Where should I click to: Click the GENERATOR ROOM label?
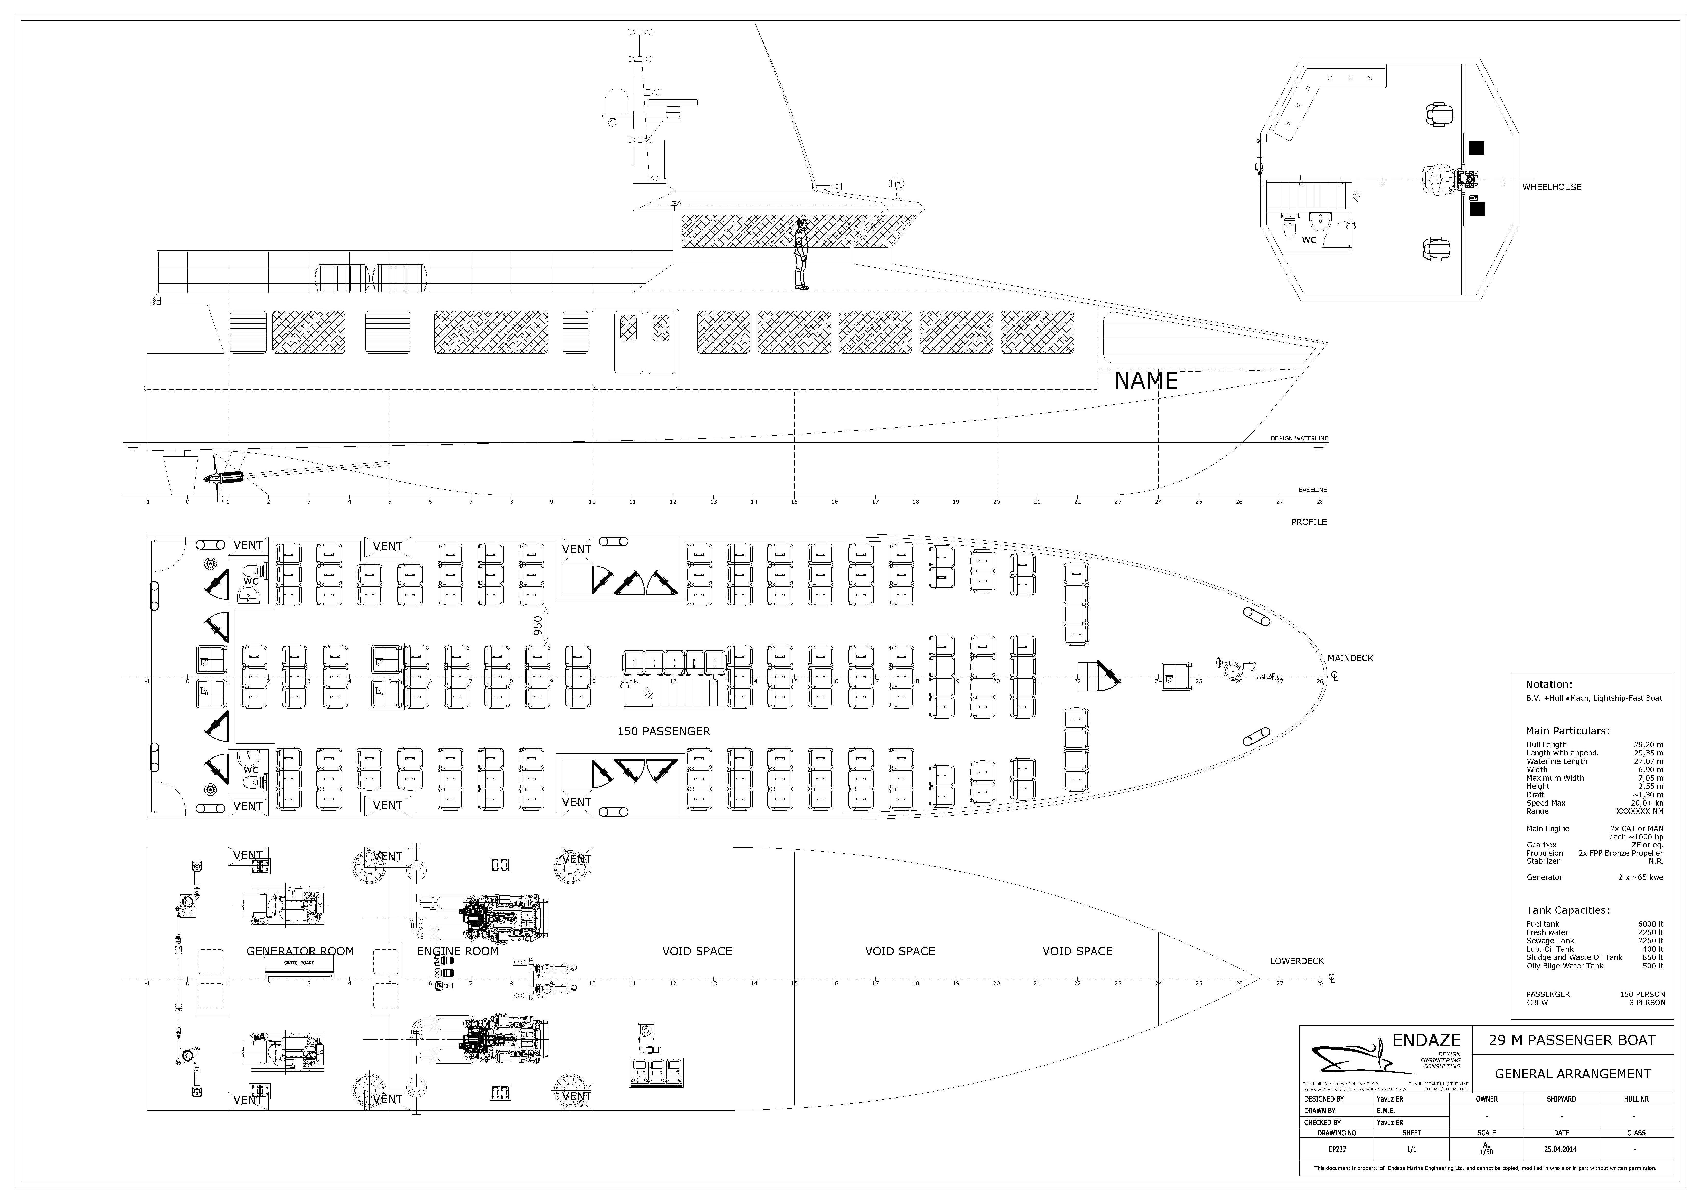[x=300, y=951]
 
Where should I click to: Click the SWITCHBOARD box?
[x=299, y=963]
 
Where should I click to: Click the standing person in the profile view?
[x=800, y=254]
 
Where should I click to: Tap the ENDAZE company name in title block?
[x=1426, y=1040]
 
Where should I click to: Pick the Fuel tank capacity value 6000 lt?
[x=1650, y=924]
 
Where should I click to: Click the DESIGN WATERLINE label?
[x=1299, y=439]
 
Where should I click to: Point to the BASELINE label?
[x=1312, y=490]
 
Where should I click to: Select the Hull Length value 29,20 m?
[x=1648, y=745]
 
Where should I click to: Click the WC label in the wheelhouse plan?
[x=1309, y=240]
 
